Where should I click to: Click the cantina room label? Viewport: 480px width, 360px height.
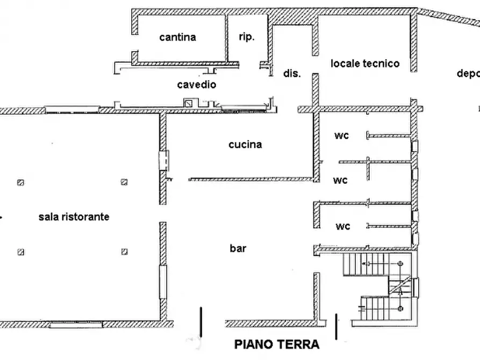(177, 37)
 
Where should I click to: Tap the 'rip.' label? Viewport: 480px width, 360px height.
(246, 37)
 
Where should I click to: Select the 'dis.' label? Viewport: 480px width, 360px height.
(292, 74)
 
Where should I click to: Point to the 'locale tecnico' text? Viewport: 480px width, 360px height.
(365, 63)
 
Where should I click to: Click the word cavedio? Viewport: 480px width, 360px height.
(197, 85)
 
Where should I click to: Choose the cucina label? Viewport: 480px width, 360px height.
(245, 145)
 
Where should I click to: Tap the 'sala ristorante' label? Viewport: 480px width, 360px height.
(74, 217)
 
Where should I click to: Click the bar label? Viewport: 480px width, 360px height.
(238, 249)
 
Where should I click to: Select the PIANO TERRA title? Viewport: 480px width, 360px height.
(277, 344)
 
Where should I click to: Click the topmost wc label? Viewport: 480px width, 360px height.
(341, 135)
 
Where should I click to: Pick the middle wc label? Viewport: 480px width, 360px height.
(340, 180)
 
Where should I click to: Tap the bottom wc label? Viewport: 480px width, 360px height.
(342, 226)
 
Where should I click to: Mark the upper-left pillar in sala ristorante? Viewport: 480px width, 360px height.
(20, 182)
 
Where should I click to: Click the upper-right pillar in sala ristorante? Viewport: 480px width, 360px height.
(124, 182)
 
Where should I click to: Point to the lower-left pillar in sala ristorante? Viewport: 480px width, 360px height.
(20, 251)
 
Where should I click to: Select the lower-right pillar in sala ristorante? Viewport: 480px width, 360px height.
(124, 251)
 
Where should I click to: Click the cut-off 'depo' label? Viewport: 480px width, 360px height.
(468, 74)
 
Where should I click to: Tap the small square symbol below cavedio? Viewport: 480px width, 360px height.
(189, 102)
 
